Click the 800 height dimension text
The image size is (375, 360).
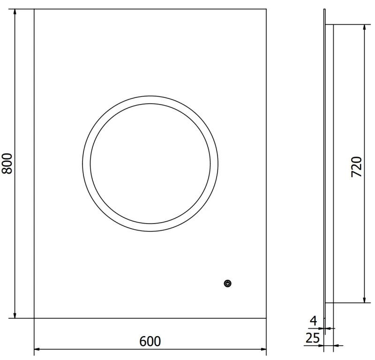7,164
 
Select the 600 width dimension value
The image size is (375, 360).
150,341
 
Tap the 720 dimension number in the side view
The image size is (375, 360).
356,167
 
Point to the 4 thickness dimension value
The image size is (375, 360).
314,321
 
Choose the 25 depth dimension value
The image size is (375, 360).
312,337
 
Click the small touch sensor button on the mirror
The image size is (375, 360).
228,283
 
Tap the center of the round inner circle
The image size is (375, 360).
149,164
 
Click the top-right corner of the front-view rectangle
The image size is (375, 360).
266,8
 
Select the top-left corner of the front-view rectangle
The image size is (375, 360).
34,8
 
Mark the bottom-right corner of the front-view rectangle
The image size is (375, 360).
266,318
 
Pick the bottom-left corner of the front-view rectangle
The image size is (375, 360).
34,318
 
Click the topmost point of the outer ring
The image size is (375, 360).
149,96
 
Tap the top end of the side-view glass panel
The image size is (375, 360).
324,9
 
